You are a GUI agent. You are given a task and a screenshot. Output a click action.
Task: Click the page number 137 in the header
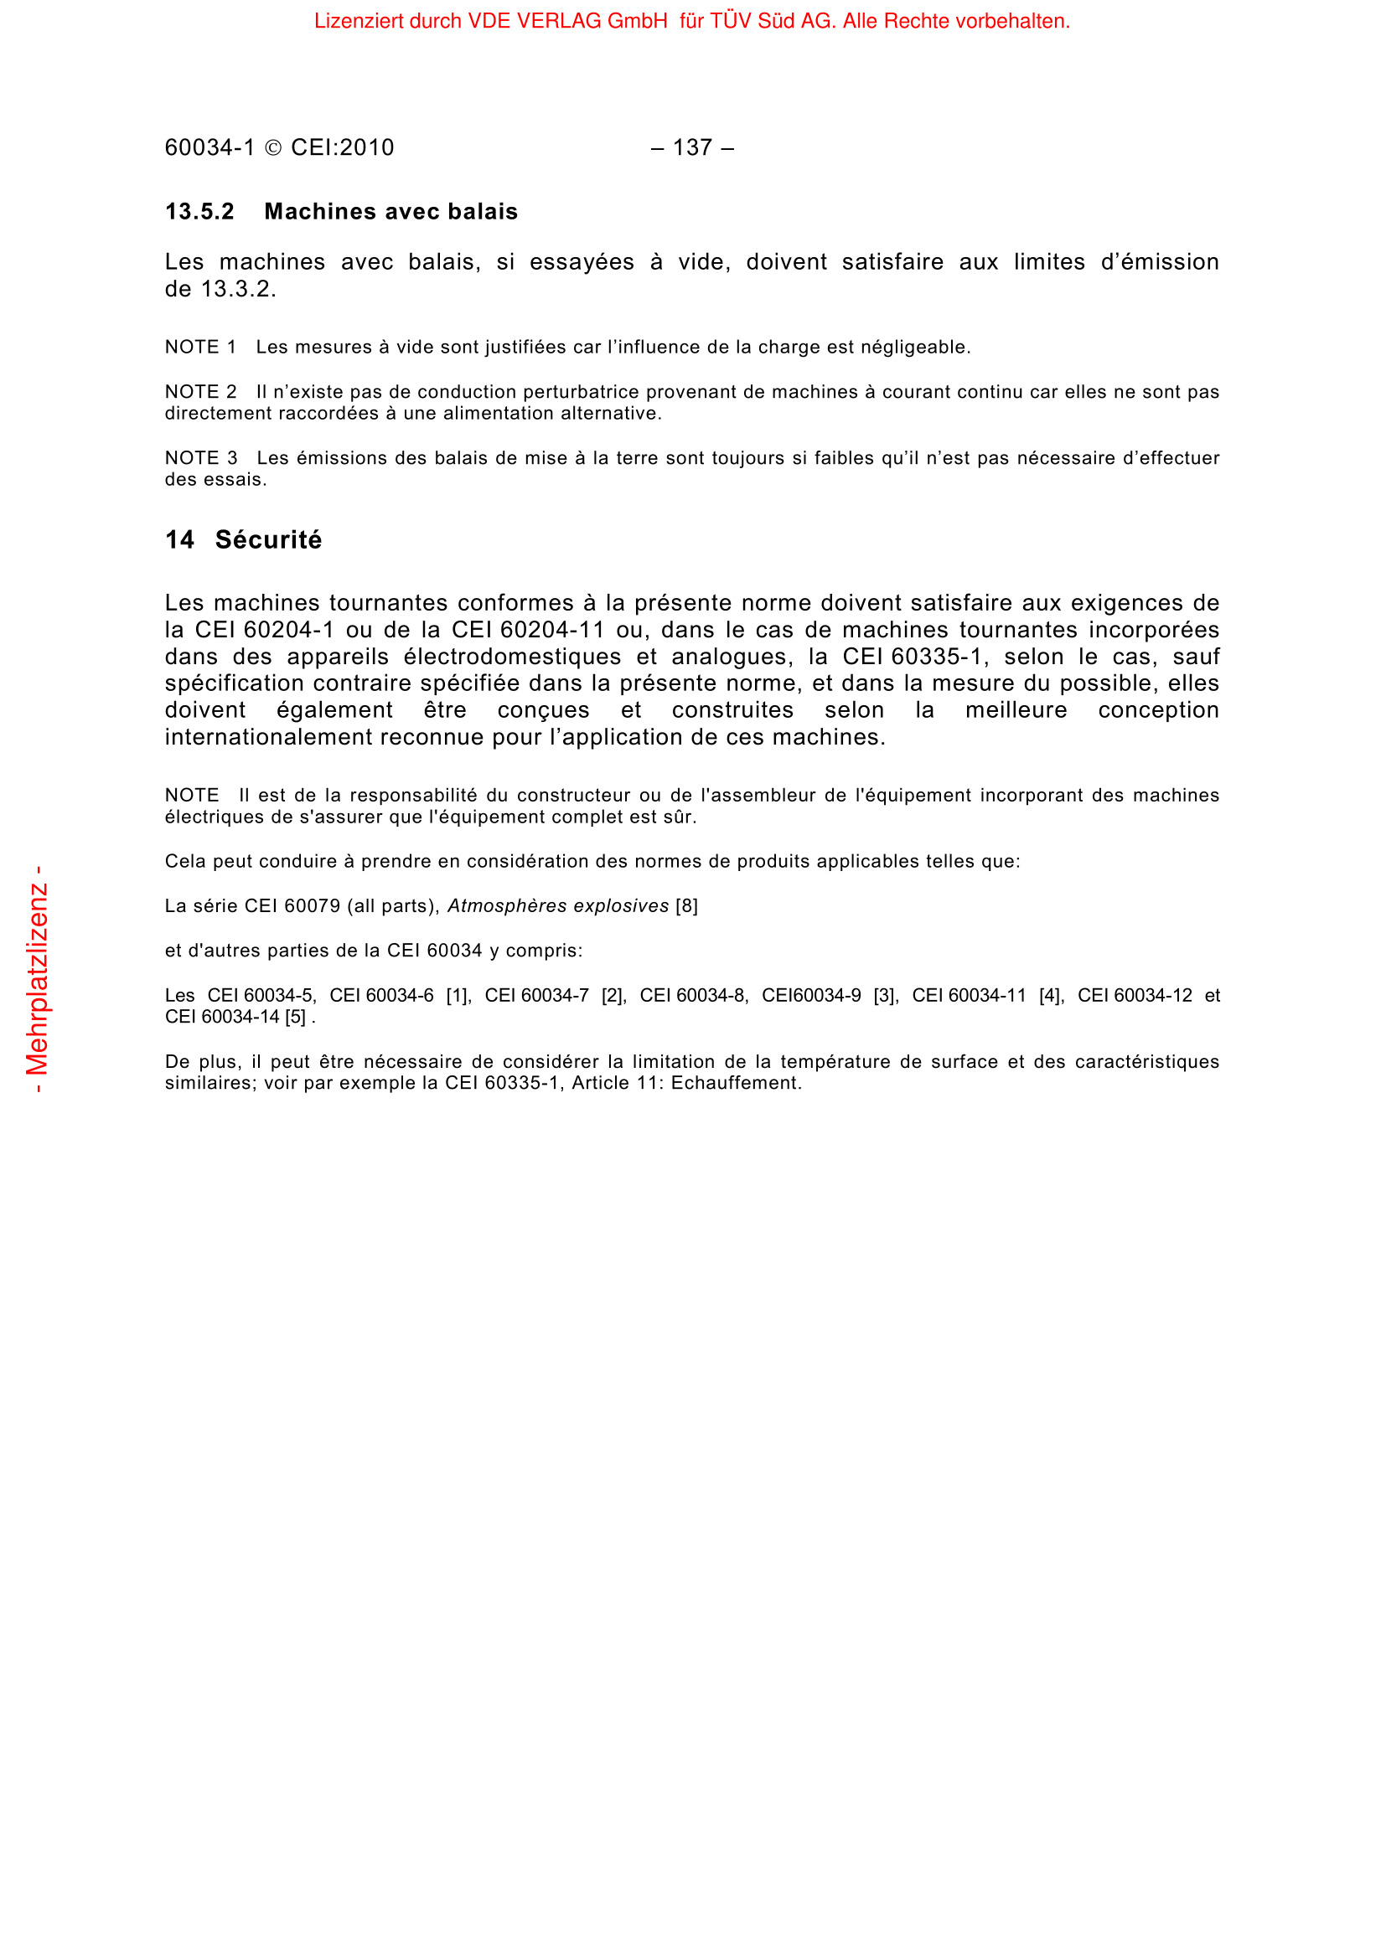[691, 147]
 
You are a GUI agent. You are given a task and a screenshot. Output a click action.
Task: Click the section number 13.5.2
[199, 212]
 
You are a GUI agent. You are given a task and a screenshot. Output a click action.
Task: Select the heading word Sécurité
[268, 539]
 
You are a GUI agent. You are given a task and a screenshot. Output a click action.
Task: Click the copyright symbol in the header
[273, 148]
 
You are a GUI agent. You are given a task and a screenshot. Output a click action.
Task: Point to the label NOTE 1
[199, 348]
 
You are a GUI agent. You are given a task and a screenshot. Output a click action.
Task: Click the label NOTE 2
[199, 392]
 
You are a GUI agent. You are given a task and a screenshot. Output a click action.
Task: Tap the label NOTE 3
[199, 458]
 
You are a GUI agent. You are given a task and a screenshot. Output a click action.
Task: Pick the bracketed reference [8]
[686, 906]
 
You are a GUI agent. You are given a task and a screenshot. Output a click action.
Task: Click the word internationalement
[268, 737]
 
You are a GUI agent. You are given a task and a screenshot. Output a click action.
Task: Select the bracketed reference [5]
[295, 1017]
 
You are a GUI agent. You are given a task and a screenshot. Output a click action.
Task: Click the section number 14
[179, 539]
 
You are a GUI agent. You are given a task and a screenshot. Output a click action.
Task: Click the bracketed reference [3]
[886, 996]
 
